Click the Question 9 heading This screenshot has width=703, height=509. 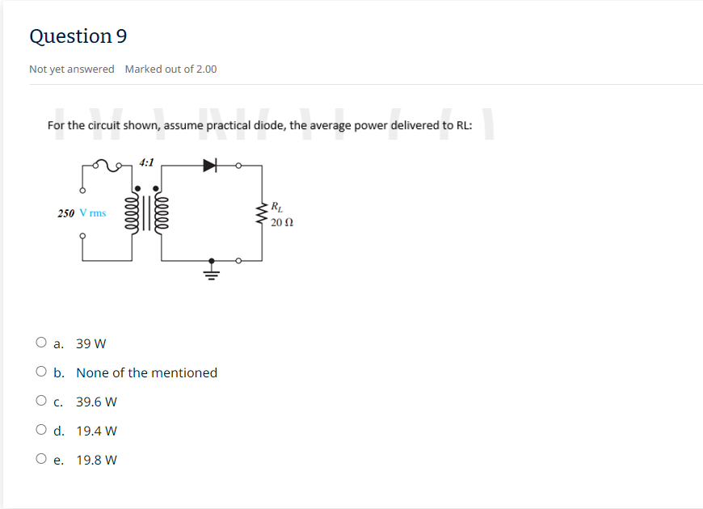pyautogui.click(x=78, y=36)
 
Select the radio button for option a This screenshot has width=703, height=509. pyautogui.click(x=41, y=343)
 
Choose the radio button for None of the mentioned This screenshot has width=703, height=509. pyautogui.click(x=41, y=372)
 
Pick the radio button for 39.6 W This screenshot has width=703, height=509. pyautogui.click(x=41, y=401)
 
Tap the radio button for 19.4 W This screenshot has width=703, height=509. pyautogui.click(x=41, y=430)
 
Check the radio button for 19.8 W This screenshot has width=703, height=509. pyautogui.click(x=41, y=459)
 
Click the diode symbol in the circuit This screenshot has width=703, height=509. pyautogui.click(x=211, y=166)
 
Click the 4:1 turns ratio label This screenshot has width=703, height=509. pyautogui.click(x=147, y=162)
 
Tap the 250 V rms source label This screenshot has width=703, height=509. pyautogui.click(x=82, y=213)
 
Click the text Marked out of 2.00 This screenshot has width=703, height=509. pyautogui.click(x=170, y=69)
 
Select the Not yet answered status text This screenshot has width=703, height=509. pyautogui.click(x=72, y=69)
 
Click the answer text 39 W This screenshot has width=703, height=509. pyautogui.click(x=91, y=343)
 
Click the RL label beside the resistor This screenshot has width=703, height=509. pyautogui.click(x=277, y=205)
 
